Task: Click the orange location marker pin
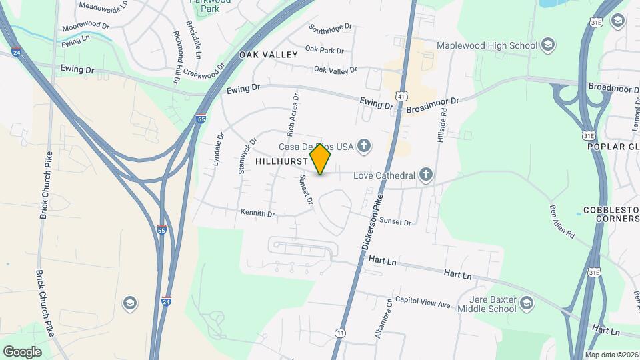pyautogui.click(x=321, y=159)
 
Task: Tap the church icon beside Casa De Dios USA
pyautogui.click(x=364, y=145)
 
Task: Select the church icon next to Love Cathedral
pyautogui.click(x=427, y=176)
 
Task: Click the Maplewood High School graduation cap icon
pyautogui.click(x=548, y=45)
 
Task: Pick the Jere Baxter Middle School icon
pyautogui.click(x=527, y=304)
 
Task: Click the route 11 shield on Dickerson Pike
pyautogui.click(x=341, y=333)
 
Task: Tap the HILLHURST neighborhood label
pyautogui.click(x=281, y=161)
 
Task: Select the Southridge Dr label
pyautogui.click(x=330, y=28)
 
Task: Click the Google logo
pyautogui.click(x=22, y=351)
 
